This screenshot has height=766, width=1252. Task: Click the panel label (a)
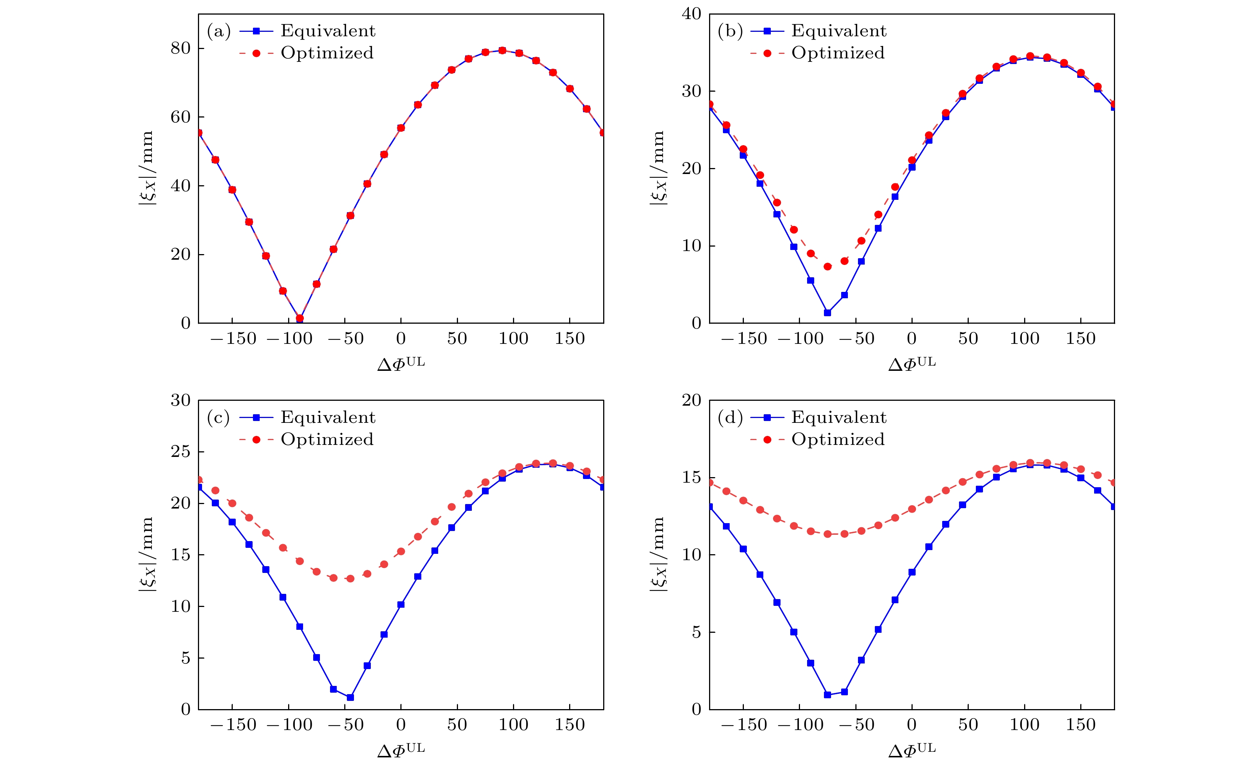click(219, 31)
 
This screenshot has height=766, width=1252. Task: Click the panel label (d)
click(730, 418)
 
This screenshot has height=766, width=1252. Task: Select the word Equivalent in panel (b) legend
click(839, 31)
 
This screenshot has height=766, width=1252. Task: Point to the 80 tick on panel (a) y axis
click(180, 48)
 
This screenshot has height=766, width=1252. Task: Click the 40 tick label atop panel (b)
click(691, 14)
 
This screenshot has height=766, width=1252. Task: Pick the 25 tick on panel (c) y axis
click(180, 451)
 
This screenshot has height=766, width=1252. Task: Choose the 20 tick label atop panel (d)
click(691, 400)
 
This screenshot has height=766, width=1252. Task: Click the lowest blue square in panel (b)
click(827, 312)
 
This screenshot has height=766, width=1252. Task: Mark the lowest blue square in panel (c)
click(350, 698)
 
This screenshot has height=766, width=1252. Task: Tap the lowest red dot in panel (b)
click(827, 266)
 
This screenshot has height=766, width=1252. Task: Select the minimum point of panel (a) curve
click(300, 319)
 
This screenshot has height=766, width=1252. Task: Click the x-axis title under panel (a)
click(401, 363)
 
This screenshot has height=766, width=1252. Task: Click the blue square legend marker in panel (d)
click(767, 418)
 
